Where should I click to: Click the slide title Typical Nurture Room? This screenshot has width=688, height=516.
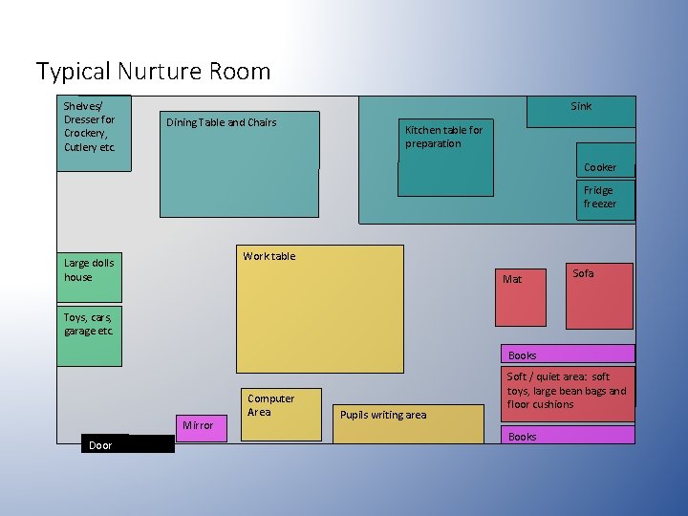[x=153, y=72]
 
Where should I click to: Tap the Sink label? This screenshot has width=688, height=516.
[x=581, y=106]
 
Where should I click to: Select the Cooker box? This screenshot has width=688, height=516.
[x=605, y=159]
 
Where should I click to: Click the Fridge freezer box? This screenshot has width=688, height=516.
[x=605, y=199]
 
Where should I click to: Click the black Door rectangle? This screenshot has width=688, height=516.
[x=127, y=444]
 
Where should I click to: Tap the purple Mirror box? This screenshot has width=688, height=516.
[x=201, y=426]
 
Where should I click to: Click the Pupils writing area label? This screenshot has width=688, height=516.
[x=383, y=415]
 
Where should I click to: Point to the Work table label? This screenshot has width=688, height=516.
[x=269, y=256]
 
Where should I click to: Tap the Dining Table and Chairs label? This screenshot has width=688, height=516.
[x=221, y=122]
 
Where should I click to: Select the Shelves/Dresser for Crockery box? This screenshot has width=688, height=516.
[x=93, y=132]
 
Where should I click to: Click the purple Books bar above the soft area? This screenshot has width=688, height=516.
[x=568, y=355]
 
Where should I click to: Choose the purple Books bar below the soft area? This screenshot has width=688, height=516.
[x=568, y=436]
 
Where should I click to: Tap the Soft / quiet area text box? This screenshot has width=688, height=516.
[x=568, y=392]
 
